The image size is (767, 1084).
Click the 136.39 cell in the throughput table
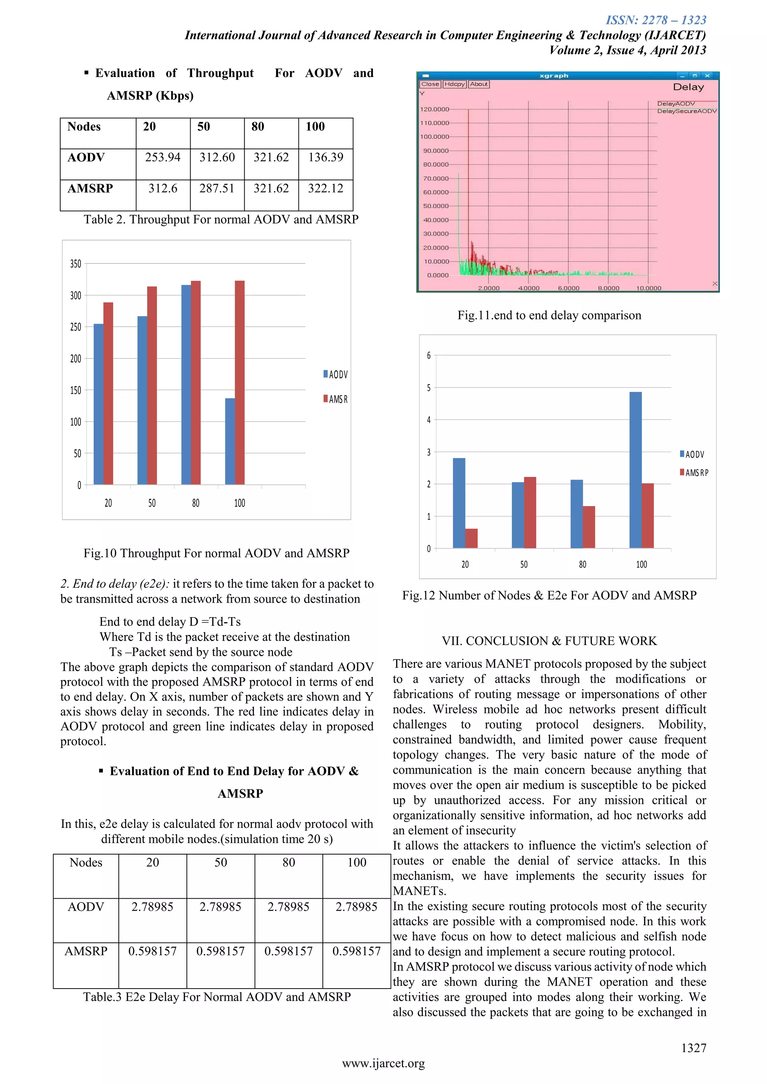coord(325,157)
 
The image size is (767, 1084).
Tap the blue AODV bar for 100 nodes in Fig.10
coord(230,441)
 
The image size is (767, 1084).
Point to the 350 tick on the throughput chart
coord(76,264)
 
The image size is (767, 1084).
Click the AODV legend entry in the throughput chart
coord(336,374)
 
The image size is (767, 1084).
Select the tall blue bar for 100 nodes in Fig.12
coord(635,470)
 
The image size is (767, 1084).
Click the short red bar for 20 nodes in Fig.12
coord(472,538)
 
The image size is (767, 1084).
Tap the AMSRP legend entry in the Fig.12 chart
coord(694,473)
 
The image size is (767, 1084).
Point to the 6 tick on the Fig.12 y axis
coord(429,356)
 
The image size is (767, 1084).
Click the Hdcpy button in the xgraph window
coord(454,84)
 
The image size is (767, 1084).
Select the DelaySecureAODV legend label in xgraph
coord(687,111)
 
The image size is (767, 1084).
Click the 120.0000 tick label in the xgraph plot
coord(434,109)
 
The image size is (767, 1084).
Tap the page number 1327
coord(693,1048)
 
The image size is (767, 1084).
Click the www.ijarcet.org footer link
coord(383,1063)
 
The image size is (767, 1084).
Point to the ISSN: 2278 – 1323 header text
coord(655,20)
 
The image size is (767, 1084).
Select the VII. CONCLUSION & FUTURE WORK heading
coord(549,641)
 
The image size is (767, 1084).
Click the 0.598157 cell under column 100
coord(356,951)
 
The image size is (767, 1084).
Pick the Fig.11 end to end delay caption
coord(549,316)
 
